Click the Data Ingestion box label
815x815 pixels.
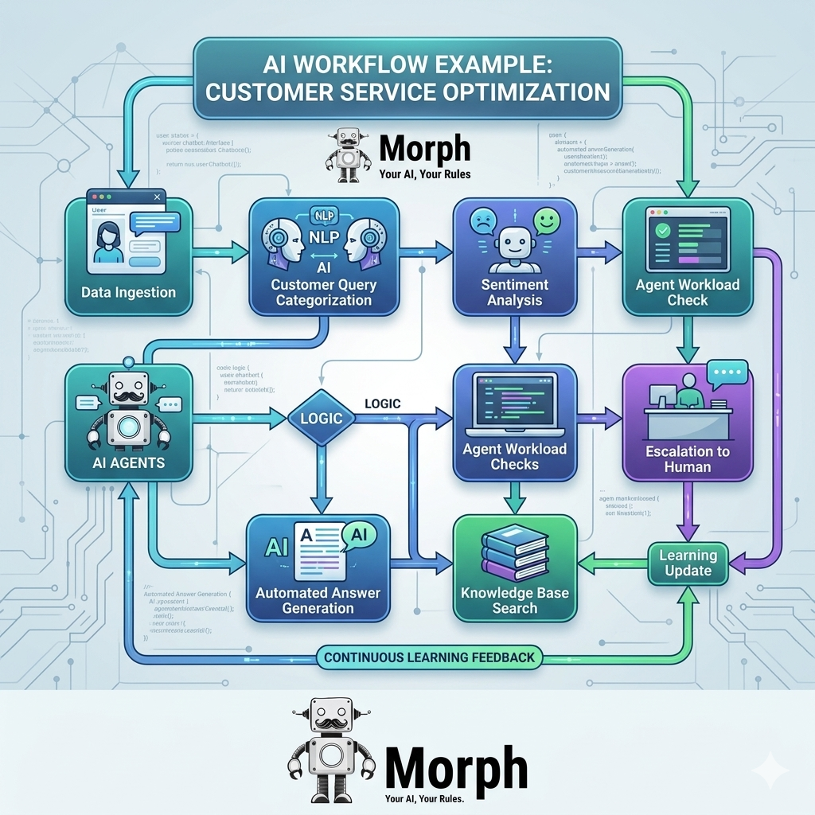[128, 292]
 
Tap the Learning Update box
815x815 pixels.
[688, 563]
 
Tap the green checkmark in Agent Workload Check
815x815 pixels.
[661, 228]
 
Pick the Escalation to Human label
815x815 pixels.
[688, 459]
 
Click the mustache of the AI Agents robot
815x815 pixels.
[127, 395]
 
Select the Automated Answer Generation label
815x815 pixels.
[318, 600]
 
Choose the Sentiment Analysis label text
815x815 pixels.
[515, 292]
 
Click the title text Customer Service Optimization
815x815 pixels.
[407, 91]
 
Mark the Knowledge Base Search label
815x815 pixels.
[514, 600]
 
